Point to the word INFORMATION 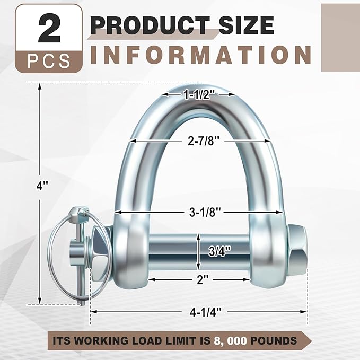click(201, 55)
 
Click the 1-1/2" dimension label click(199, 94)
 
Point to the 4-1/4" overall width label click(199, 312)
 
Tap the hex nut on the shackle click(297, 250)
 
